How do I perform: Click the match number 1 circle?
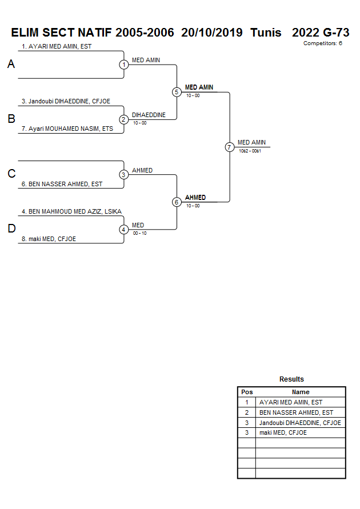[124, 65]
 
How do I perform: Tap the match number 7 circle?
[230, 147]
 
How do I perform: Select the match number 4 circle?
[124, 230]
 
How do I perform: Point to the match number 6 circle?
[177, 202]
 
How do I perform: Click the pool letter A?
[11, 65]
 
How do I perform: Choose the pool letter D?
[11, 229]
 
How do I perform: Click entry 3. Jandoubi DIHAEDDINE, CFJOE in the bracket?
[66, 101]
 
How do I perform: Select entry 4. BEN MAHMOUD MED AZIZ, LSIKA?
[71, 211]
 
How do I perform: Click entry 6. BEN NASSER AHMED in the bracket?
[62, 184]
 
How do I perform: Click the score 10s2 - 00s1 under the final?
[250, 151]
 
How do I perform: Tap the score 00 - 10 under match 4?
[139, 233]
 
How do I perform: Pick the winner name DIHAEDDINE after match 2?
[149, 115]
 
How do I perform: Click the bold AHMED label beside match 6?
[195, 198]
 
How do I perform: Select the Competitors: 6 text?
[322, 43]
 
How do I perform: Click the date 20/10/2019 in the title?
[211, 33]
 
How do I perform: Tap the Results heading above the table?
[291, 379]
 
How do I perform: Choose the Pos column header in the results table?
[247, 392]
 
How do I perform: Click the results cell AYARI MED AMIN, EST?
[291, 402]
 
